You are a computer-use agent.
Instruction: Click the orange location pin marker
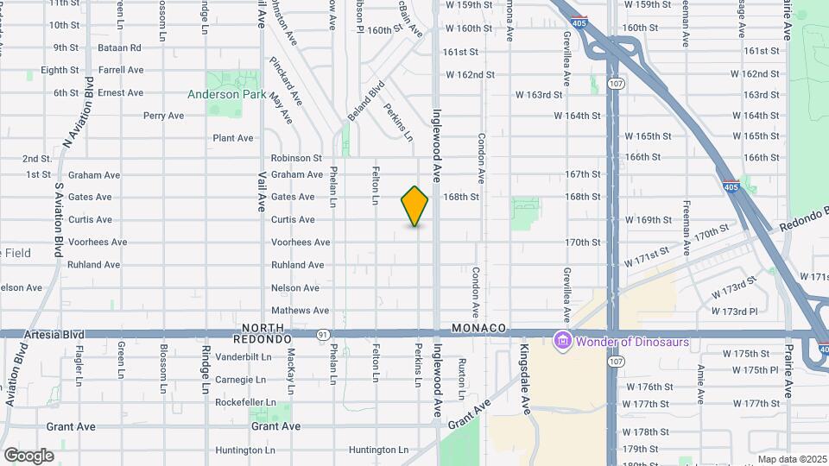tap(414, 206)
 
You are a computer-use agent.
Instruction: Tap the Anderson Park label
tap(227, 94)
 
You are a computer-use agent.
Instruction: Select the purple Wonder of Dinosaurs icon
tap(563, 341)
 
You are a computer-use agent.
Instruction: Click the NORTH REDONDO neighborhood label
tap(263, 333)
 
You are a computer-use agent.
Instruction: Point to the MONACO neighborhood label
tap(478, 329)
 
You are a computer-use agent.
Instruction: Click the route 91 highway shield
tap(322, 334)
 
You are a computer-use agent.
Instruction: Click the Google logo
tap(28, 455)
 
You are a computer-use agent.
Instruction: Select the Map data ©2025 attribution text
tap(792, 459)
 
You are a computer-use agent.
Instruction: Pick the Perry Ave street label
tap(163, 116)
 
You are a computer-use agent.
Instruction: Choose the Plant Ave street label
tap(233, 138)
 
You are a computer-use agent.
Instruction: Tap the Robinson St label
tap(295, 158)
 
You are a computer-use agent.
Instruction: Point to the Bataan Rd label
tap(120, 47)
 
